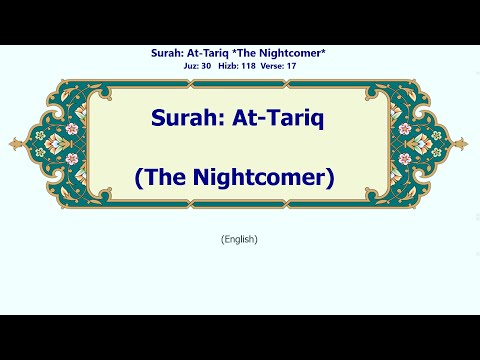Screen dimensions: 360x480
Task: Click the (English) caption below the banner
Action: point(240,239)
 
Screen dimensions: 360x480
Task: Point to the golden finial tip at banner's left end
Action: point(11,144)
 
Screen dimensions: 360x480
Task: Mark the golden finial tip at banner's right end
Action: point(469,144)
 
